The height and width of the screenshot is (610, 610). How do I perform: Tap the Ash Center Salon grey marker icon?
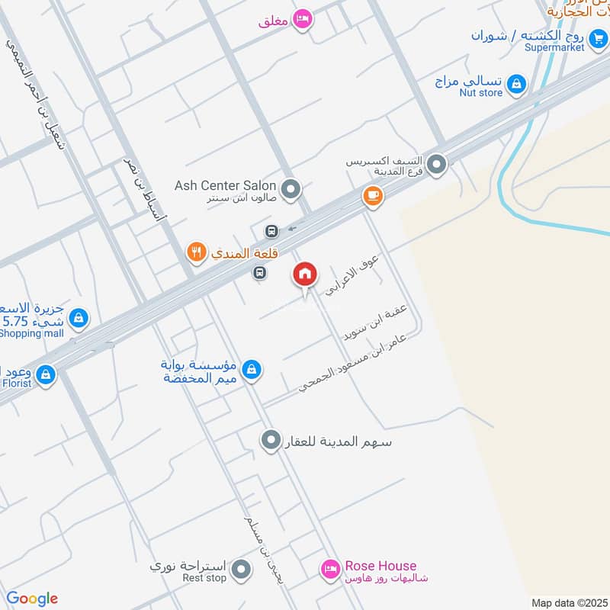point(290,188)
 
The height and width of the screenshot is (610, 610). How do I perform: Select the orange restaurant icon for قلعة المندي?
point(197,250)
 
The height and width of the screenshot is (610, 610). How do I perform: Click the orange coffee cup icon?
point(372,196)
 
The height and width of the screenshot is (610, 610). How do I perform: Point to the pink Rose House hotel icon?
point(329,568)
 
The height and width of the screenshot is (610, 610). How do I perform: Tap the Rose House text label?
point(380,566)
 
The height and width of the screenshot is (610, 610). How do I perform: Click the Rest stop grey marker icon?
point(241,570)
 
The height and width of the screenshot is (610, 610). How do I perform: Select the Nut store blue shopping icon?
point(517,84)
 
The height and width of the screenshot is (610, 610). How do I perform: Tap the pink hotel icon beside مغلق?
point(303,19)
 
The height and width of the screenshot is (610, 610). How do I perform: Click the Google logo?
point(32,599)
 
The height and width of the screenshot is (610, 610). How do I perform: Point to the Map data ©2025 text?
point(570,602)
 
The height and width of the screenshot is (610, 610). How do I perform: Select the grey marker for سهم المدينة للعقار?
point(270,440)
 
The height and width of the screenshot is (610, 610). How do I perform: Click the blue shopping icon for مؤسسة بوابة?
point(250,371)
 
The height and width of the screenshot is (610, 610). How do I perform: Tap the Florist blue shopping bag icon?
point(46,374)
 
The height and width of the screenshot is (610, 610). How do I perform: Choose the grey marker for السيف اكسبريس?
point(436,163)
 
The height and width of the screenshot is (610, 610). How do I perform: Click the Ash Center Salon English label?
point(225,185)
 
